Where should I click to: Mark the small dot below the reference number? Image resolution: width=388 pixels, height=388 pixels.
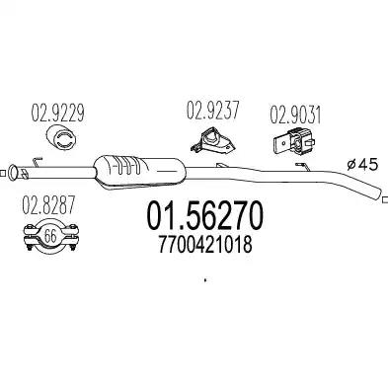coord(205,281)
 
